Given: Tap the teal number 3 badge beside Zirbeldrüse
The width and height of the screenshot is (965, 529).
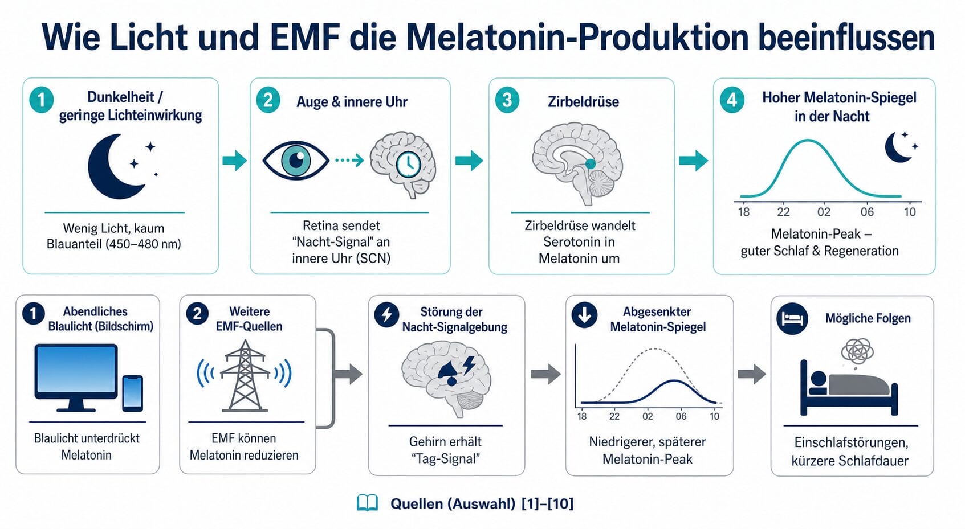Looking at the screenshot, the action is click(507, 100).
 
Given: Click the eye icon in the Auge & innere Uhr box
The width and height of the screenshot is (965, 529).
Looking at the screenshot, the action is click(296, 161).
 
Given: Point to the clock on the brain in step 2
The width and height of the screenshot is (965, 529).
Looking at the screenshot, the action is click(409, 164).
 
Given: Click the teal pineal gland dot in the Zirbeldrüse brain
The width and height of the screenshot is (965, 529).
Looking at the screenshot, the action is click(590, 163).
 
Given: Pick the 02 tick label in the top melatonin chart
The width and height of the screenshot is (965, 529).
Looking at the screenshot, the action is click(824, 212).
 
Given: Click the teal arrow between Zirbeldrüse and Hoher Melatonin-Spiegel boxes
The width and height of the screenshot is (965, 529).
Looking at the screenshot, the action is click(693, 161).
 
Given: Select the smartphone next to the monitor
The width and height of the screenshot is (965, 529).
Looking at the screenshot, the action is click(133, 393).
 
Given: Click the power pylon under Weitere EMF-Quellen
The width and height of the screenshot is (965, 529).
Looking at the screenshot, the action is click(245, 376).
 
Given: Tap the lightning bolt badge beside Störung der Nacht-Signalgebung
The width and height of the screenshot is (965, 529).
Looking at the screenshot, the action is click(387, 315).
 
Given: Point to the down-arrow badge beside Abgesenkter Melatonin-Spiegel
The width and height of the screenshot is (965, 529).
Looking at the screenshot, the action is click(584, 315).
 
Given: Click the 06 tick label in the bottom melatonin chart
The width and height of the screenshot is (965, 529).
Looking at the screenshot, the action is click(681, 416).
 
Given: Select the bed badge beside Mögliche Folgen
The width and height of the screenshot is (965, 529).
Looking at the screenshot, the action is click(792, 319).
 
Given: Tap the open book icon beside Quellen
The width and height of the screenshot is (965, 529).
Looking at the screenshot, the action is click(368, 503).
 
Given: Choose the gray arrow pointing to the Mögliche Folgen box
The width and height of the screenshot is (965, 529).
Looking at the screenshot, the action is click(752, 374).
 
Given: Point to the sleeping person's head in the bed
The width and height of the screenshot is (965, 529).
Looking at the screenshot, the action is click(818, 380).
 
